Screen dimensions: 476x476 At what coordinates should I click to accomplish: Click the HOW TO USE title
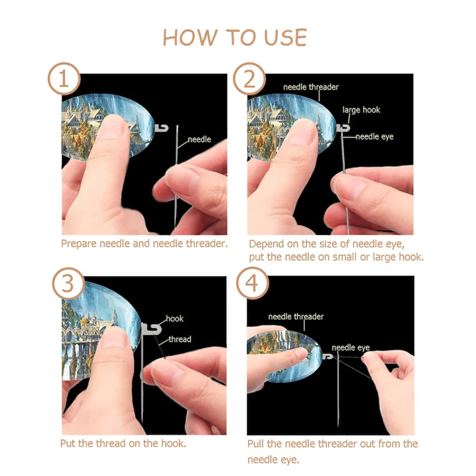tap(235, 38)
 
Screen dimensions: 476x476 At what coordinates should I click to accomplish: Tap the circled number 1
tap(64, 78)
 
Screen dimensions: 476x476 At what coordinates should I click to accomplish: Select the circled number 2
tap(250, 78)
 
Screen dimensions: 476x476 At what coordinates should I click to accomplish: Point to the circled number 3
tap(68, 283)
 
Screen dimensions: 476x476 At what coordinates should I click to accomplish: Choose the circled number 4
tap(253, 283)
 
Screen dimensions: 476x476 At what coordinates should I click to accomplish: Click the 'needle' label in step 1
tap(199, 139)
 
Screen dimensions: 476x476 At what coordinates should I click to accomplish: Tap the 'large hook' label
tap(361, 110)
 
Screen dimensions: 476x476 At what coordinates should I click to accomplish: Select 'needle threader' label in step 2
tap(311, 87)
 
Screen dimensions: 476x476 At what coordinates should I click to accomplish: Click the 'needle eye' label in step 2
tap(375, 137)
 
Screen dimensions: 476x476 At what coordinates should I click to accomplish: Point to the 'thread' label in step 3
tap(180, 339)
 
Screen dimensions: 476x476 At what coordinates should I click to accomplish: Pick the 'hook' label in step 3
tap(175, 319)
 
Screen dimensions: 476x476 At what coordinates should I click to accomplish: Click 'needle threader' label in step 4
tap(296, 317)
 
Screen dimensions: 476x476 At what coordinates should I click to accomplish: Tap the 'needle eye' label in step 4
tap(350, 348)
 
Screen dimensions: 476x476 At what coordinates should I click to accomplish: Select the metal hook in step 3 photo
tap(153, 329)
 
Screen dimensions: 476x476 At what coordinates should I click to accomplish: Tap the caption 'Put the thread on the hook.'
tap(123, 444)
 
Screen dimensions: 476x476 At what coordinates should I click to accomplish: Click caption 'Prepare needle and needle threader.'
tap(144, 244)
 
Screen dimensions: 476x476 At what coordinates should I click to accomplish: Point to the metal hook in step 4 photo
tap(328, 356)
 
